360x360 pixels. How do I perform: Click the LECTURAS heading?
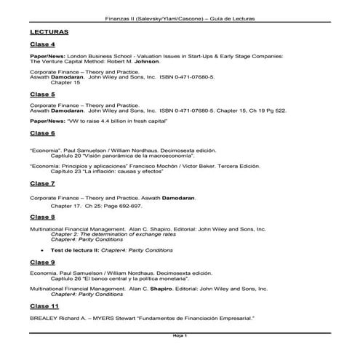click(49, 33)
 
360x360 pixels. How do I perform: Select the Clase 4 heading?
click(42, 45)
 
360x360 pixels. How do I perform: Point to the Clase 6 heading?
click(42, 134)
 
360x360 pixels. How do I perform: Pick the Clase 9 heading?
click(42, 262)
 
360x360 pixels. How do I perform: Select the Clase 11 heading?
click(44, 308)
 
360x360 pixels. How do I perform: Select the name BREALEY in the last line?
click(44, 319)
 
